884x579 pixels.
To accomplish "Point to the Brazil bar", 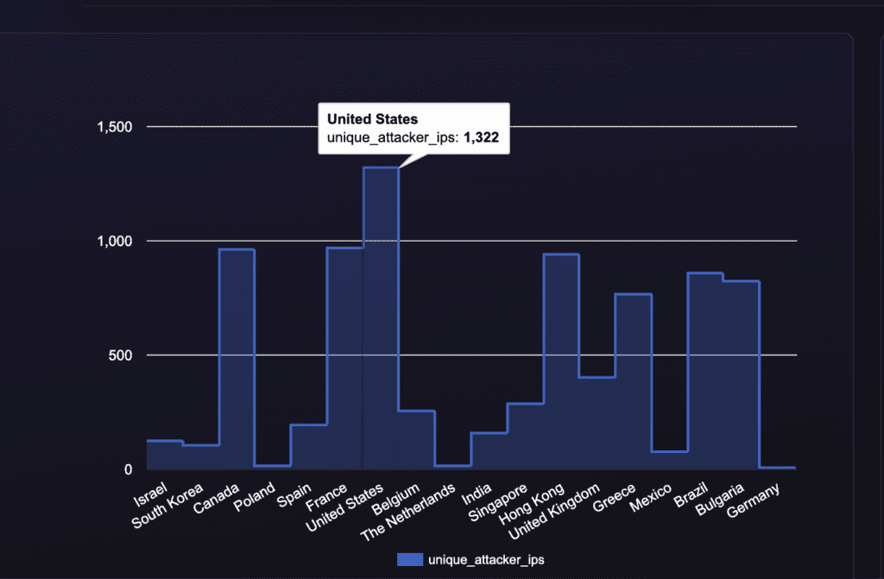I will pos(705,370).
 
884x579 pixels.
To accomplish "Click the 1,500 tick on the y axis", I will pos(114,128).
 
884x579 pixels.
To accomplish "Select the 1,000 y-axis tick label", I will pos(114,242).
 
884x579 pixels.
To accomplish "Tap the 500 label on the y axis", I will pos(121,356).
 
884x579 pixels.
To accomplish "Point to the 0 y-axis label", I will pos(128,469).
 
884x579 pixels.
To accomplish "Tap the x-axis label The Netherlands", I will pos(407,510).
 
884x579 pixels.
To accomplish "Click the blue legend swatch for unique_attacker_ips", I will pos(410,560).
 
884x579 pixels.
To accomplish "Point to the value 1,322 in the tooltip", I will pos(482,136).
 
